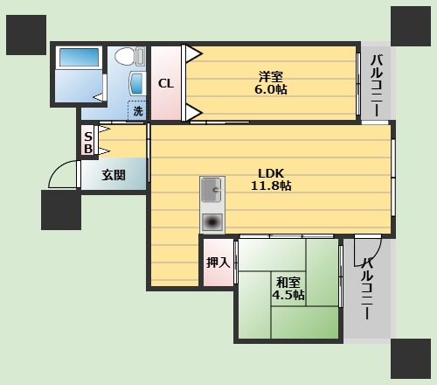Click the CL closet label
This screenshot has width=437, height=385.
coord(166,84)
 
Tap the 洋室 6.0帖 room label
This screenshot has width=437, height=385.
coord(271,83)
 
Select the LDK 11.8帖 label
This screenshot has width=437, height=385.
coord(271,179)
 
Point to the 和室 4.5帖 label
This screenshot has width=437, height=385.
coord(288,289)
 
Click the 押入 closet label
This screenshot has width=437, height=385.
coord(218,262)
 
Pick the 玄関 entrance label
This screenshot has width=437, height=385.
coord(114,175)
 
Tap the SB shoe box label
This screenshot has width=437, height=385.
coord(88,143)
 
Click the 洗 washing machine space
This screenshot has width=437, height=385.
coord(138,110)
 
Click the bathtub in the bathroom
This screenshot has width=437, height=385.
coord(79,57)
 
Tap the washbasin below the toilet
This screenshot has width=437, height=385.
coord(137,83)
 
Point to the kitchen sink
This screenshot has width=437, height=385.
coord(212,190)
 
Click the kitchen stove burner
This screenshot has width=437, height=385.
coord(212,222)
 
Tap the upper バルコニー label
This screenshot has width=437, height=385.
coord(377,85)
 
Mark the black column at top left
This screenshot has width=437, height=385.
coord(26,35)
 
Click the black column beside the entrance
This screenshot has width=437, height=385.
coord(61,210)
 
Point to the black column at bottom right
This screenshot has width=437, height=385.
coord(411,359)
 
